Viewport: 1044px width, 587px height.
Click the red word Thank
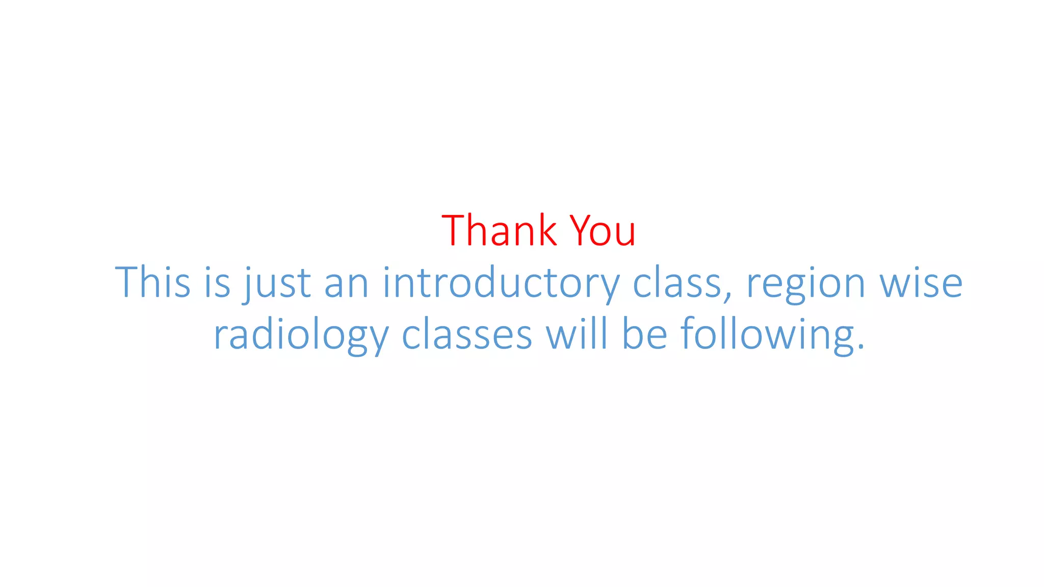pyautogui.click(x=499, y=231)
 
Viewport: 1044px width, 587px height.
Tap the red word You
pyautogui.click(x=603, y=231)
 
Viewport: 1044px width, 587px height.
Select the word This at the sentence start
pyautogui.click(x=152, y=282)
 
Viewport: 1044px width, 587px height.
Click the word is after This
pyautogui.click(x=217, y=282)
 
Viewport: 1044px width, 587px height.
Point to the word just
pyautogui.click(x=277, y=283)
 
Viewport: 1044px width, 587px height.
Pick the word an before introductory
pyautogui.click(x=347, y=283)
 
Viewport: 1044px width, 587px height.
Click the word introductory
pyautogui.click(x=501, y=283)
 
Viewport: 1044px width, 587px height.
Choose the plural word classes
pyautogui.click(x=467, y=335)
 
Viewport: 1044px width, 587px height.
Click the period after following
pyautogui.click(x=861, y=348)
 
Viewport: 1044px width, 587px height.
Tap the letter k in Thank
pyautogui.click(x=546, y=231)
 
